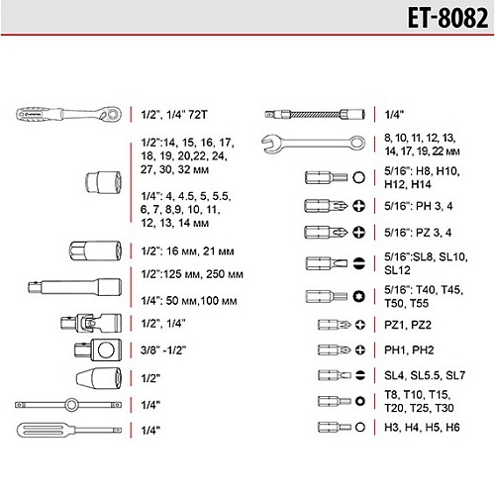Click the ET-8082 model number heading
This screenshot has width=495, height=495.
tap(447, 18)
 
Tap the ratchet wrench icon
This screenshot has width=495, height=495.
tap(68, 115)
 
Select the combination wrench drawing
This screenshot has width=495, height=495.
tap(313, 144)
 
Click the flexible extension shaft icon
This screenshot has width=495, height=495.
tap(315, 114)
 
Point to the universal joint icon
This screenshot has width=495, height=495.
tap(91, 323)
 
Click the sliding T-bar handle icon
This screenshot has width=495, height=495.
tap(68, 405)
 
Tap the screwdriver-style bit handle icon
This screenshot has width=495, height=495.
tap(69, 430)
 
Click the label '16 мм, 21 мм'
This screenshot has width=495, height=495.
tap(200, 251)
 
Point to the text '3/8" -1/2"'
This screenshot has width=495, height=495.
tap(163, 350)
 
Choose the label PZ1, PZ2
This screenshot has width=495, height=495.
tap(408, 325)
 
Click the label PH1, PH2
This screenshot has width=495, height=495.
tap(409, 349)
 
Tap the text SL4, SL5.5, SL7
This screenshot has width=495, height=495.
tap(425, 375)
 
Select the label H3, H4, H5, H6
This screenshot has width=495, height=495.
tap(422, 428)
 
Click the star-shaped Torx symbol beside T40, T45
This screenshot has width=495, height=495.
tap(358, 296)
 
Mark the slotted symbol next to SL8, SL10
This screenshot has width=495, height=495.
tap(358, 263)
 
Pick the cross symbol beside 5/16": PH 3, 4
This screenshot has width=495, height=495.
tap(358, 206)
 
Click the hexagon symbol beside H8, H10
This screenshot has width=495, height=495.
tap(358, 177)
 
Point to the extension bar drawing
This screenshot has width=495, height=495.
tap(74, 287)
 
